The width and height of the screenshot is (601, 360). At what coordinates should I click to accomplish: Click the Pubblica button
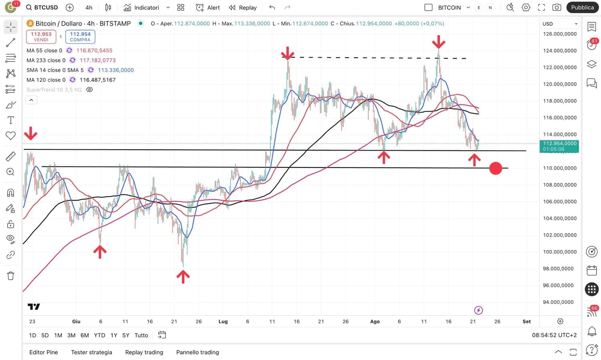pos(582,7)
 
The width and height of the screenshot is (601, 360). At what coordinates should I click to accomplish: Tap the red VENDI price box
pos(41,36)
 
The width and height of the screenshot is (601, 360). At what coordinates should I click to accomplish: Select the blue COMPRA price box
pos(80,36)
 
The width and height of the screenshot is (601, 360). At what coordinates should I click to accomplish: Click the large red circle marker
pos(496,168)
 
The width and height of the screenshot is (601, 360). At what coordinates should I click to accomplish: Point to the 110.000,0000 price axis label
pos(560,168)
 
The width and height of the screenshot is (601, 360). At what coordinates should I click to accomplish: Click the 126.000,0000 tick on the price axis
pos(560,34)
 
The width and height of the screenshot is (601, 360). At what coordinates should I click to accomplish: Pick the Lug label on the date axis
pos(223,321)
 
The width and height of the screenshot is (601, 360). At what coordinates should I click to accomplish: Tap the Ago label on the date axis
pos(375,321)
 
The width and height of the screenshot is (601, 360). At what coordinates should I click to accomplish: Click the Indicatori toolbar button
pos(141,7)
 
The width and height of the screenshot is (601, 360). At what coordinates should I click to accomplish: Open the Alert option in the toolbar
pos(208,7)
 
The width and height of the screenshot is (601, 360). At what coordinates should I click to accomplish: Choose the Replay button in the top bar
pos(243,7)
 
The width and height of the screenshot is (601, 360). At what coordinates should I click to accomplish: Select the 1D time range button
pos(32,335)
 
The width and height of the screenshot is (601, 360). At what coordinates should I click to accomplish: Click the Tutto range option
pos(141,335)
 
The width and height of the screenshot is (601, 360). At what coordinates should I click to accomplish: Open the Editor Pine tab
pos(44,352)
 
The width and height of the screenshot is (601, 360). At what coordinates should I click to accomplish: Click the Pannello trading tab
pos(198,352)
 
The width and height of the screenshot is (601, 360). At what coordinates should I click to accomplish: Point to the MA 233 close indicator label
pos(46,60)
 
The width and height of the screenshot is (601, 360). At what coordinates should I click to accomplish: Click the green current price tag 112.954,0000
pos(559,146)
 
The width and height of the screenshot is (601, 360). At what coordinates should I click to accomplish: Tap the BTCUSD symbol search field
pos(42,7)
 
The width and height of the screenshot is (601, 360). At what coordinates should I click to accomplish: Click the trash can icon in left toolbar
pos(11,276)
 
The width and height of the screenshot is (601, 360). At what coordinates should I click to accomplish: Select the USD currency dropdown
pos(559,24)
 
